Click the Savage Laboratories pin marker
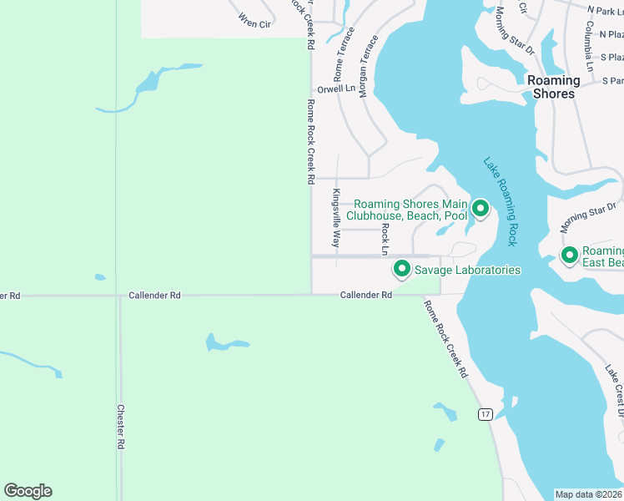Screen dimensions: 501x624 (x=401, y=269)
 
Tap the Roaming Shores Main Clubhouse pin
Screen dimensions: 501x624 (x=480, y=208)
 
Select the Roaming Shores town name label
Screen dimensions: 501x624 (x=554, y=87)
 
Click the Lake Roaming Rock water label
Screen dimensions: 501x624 (x=501, y=201)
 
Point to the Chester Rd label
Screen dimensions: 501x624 (x=121, y=428)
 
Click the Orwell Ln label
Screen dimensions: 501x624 (x=336, y=89)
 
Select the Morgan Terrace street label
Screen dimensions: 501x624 (x=364, y=67)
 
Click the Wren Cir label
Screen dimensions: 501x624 (x=254, y=20)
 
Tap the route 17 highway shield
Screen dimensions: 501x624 (x=485, y=414)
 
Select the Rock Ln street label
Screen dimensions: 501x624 (x=385, y=239)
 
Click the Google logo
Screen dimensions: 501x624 (x=28, y=491)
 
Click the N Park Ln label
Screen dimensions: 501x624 (x=605, y=11)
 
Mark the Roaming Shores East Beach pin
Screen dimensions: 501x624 (x=570, y=255)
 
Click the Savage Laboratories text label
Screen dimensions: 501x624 (x=468, y=270)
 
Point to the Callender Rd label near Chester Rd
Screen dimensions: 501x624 (x=154, y=295)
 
